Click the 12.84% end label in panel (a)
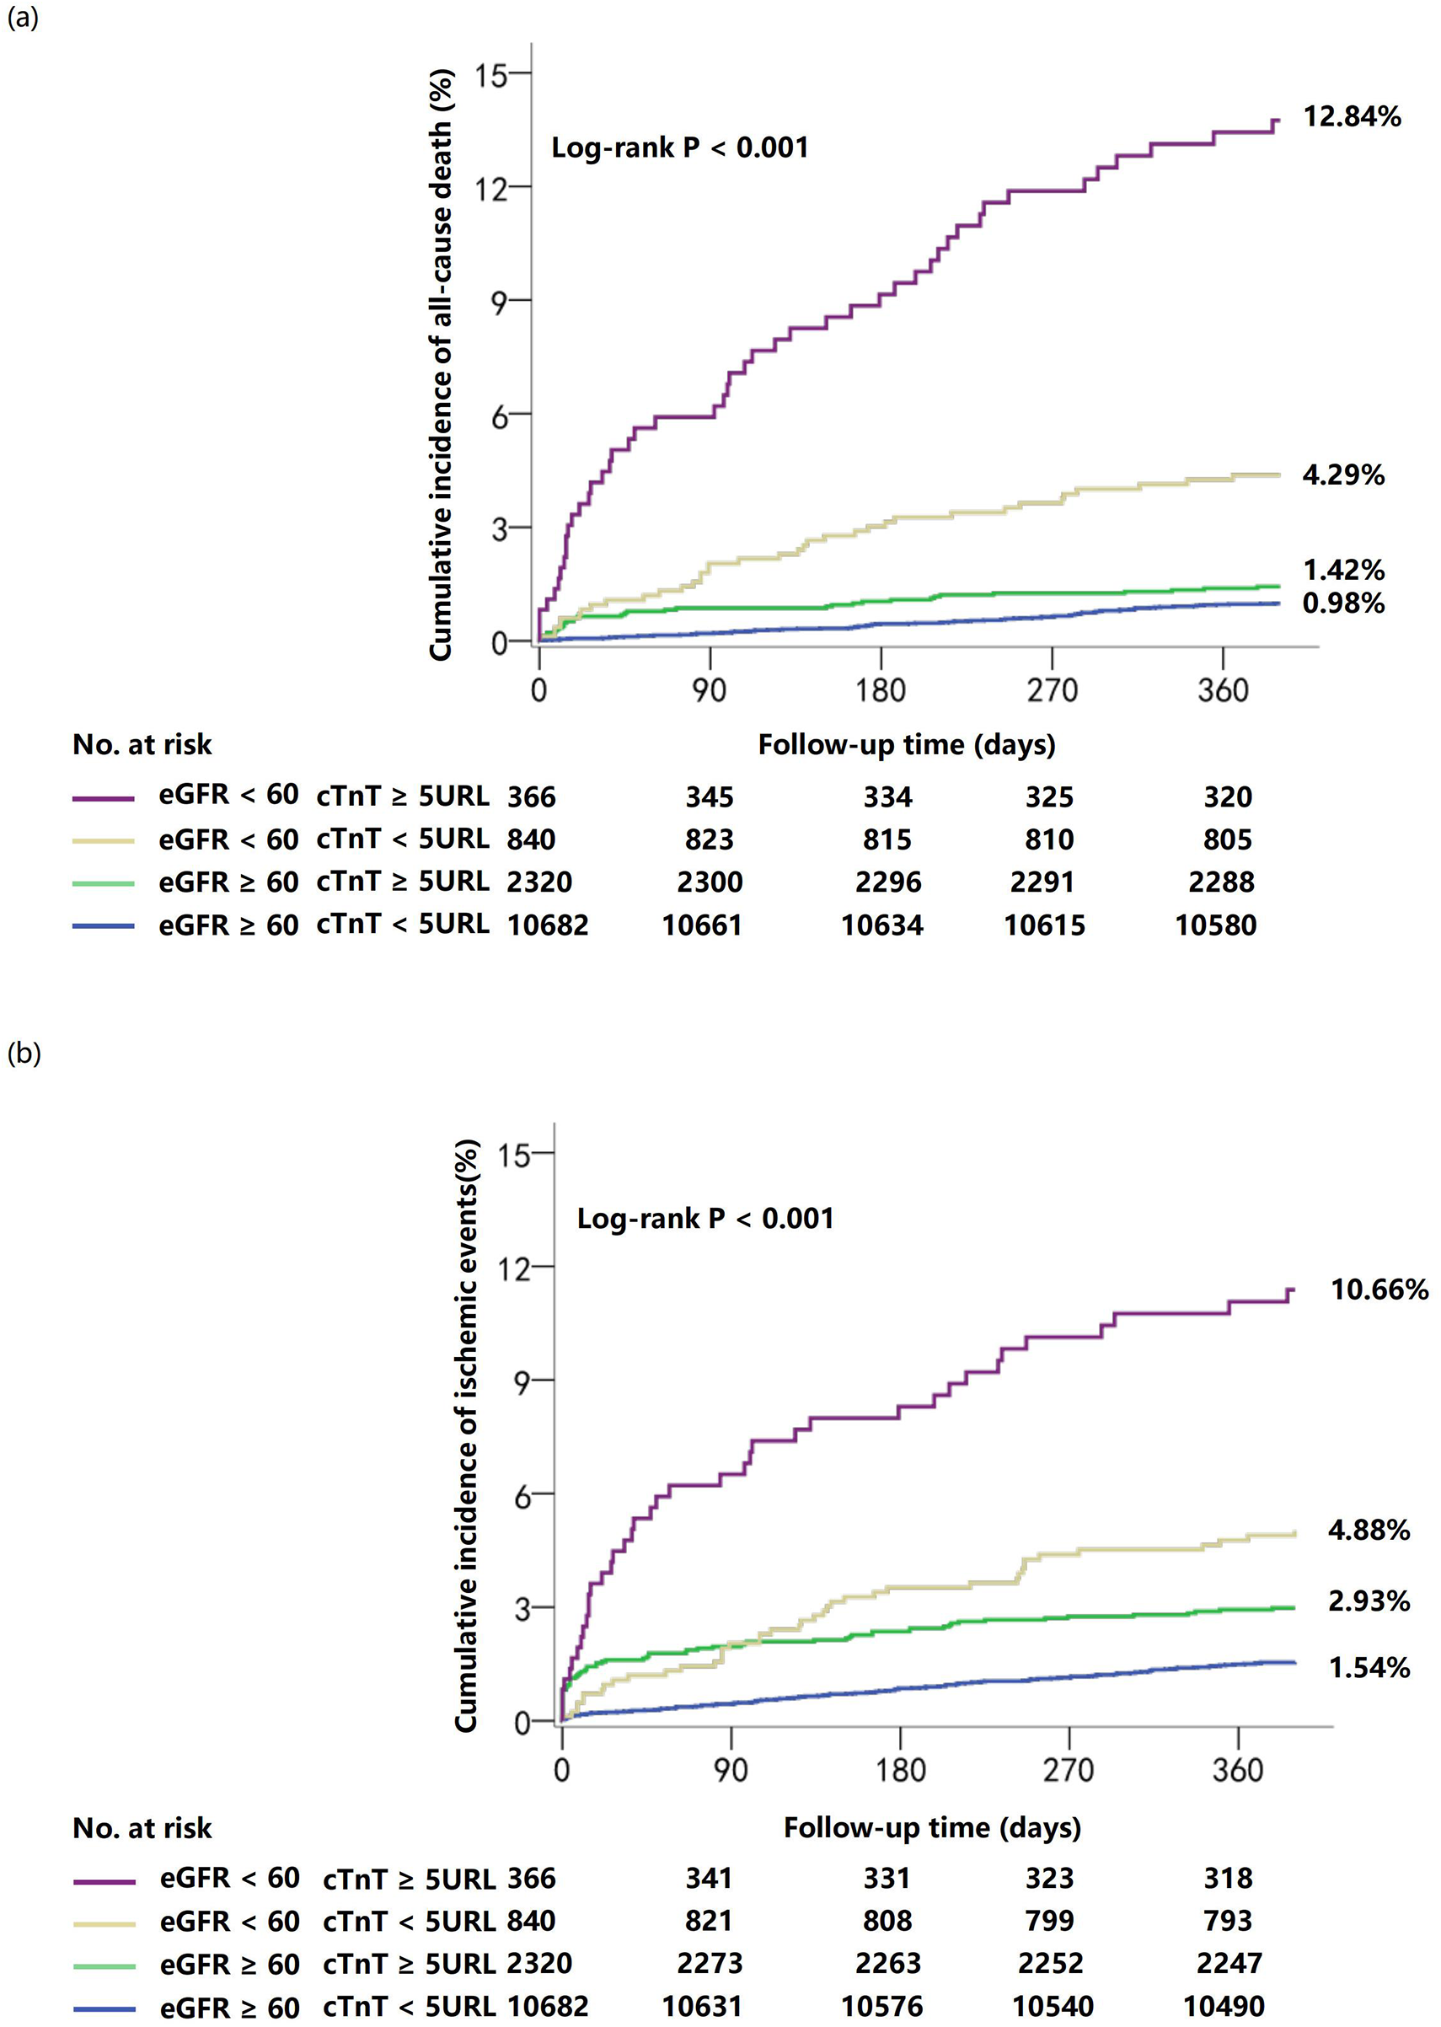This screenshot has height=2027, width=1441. point(1352,116)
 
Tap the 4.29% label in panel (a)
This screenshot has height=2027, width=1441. point(1342,475)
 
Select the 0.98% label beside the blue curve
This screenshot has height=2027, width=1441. point(1342,603)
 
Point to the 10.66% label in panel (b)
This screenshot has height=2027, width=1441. point(1379,1290)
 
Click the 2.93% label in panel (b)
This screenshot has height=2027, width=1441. point(1369,1601)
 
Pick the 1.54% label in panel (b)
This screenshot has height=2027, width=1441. point(1369,1668)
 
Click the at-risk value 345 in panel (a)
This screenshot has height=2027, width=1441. point(709,797)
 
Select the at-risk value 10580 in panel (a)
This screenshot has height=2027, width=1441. point(1216,925)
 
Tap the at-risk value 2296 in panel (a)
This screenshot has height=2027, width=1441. point(888,882)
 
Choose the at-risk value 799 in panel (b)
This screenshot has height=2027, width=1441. point(1050,1921)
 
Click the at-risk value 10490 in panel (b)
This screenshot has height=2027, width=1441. point(1224,2007)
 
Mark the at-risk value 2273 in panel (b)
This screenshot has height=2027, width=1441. point(709,1963)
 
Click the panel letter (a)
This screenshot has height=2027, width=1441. point(22,17)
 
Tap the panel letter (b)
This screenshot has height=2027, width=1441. point(23,1054)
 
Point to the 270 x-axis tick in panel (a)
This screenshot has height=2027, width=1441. point(1053,690)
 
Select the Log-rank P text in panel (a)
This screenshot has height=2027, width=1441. point(680,147)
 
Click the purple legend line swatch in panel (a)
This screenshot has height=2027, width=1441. point(103,799)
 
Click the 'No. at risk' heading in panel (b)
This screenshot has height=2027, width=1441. point(142,1828)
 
